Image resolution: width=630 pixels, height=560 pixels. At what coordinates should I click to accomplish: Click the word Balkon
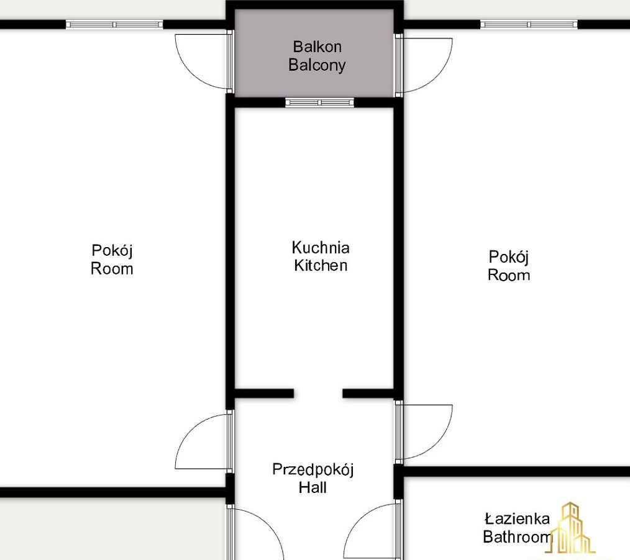(x=317, y=47)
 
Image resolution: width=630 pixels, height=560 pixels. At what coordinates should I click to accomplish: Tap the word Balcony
(x=317, y=65)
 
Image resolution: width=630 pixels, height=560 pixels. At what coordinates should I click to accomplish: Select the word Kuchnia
(x=321, y=248)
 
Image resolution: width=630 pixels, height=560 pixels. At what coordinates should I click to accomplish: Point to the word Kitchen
(x=321, y=265)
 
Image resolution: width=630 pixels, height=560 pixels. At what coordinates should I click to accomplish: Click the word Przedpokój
(x=313, y=470)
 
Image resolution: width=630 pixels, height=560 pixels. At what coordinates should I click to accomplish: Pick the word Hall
(x=313, y=487)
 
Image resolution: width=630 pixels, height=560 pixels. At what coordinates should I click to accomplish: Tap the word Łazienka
(x=517, y=518)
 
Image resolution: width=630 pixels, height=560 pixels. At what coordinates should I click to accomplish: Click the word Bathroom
(x=518, y=536)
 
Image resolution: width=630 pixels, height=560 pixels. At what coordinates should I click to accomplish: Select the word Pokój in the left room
(x=112, y=251)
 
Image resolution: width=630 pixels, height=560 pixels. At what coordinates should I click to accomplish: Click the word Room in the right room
(x=509, y=276)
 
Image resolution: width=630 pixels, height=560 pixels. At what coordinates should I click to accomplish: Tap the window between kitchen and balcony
(x=320, y=102)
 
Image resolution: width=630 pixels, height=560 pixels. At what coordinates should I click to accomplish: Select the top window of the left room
(x=114, y=24)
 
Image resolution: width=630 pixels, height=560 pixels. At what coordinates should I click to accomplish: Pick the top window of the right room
(x=529, y=24)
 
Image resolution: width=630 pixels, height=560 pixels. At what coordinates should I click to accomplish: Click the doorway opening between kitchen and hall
(x=318, y=394)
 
